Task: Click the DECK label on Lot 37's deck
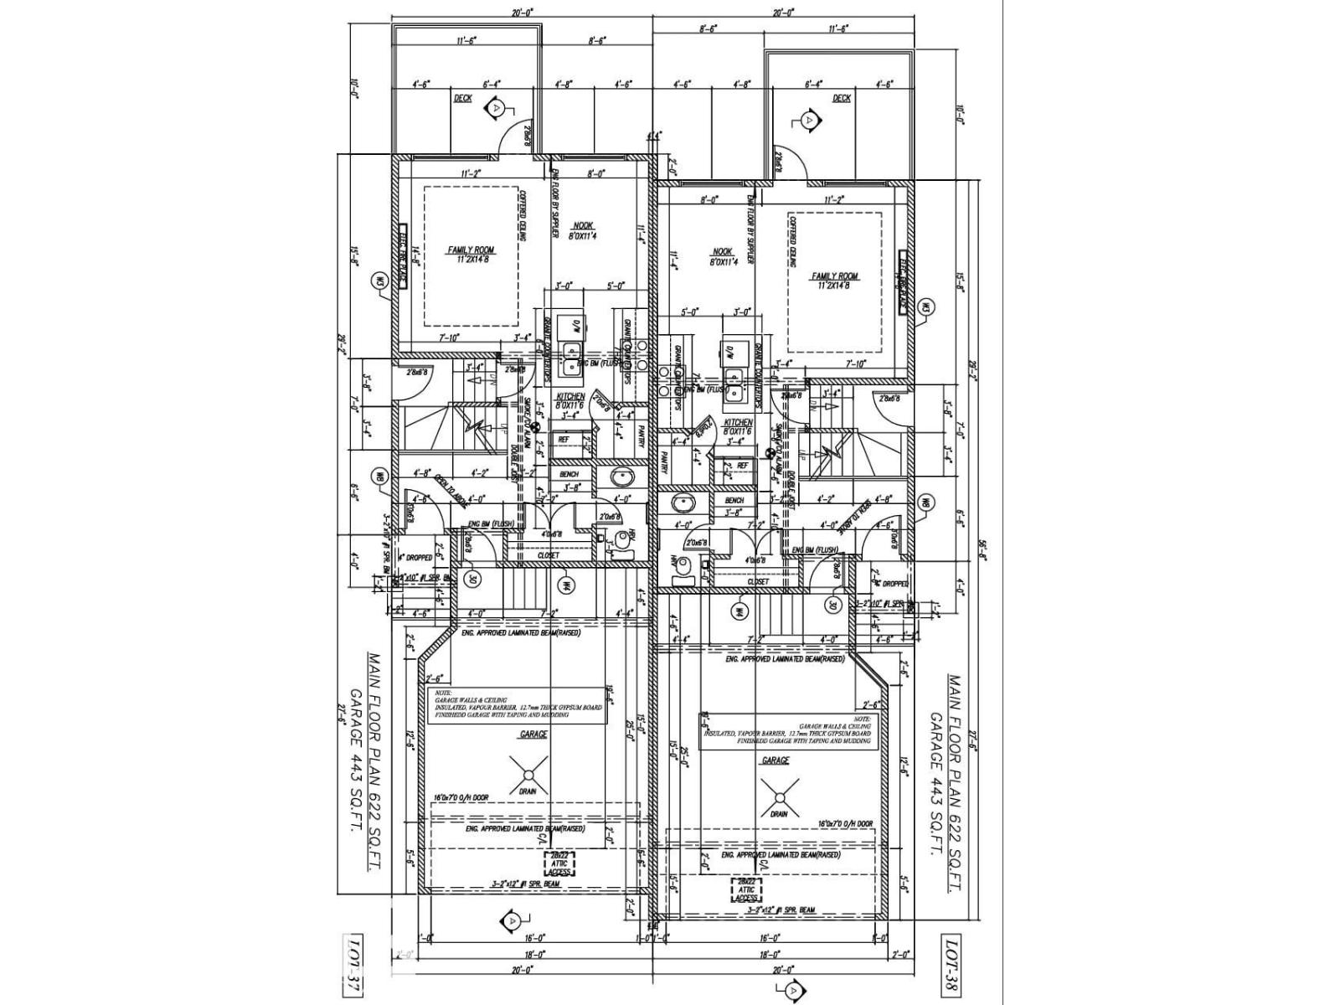tap(463, 98)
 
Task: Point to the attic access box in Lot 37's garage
tap(560, 864)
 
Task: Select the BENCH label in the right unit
tap(734, 500)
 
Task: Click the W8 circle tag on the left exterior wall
tap(380, 477)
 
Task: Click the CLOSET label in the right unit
tap(758, 580)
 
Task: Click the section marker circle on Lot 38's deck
tap(808, 120)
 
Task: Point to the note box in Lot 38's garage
tap(787, 731)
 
